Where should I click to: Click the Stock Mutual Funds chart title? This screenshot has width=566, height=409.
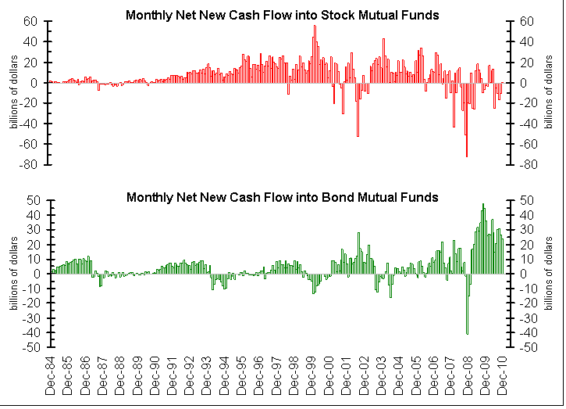(282, 15)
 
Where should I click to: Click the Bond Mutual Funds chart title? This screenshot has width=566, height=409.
(282, 196)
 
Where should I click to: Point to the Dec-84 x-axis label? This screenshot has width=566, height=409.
(51, 379)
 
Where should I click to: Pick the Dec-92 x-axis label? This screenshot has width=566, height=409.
(190, 379)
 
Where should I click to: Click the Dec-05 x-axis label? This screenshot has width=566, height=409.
(416, 379)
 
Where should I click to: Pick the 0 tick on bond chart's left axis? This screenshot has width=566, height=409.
(35, 274)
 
